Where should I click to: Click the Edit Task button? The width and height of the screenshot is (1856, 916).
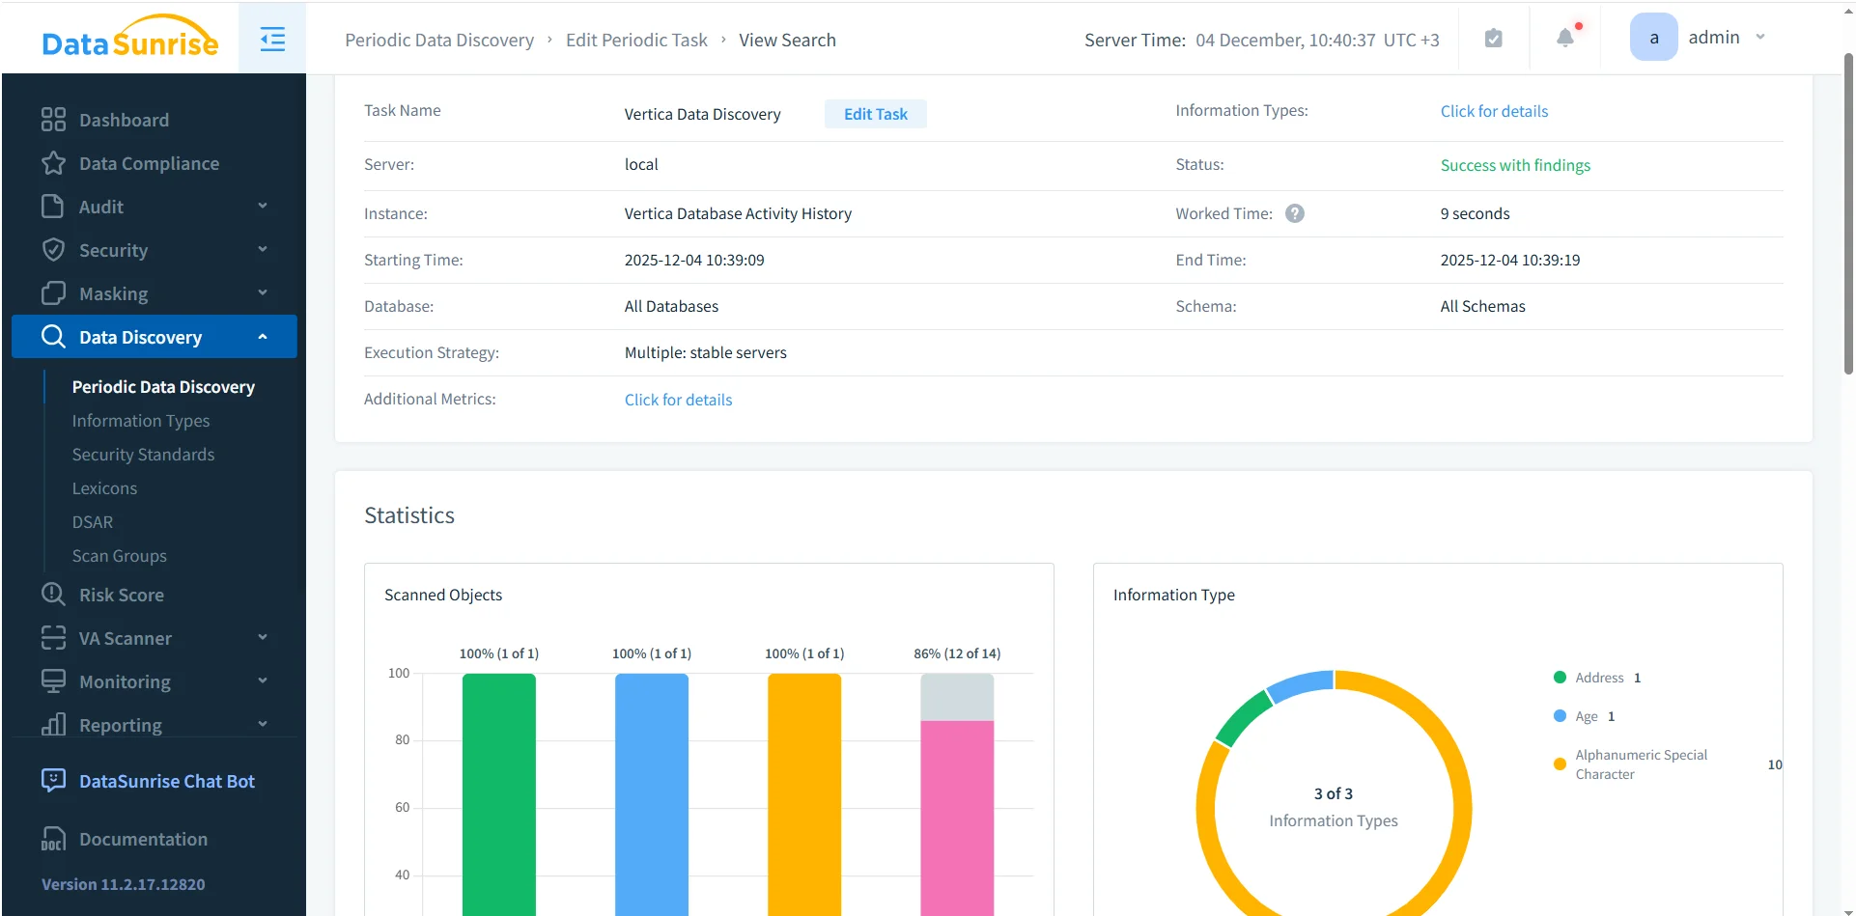click(875, 114)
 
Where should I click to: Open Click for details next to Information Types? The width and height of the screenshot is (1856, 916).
click(1494, 111)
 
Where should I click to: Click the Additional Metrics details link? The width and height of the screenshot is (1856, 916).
click(678, 400)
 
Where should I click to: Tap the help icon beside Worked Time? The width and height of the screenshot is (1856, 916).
click(1295, 213)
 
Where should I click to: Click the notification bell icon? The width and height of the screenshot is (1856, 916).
click(1565, 38)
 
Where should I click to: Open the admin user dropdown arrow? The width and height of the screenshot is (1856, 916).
click(1760, 38)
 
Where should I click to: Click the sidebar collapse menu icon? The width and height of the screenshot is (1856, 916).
click(272, 40)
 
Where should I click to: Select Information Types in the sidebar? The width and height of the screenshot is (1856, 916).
click(141, 421)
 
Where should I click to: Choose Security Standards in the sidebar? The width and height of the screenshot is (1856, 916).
click(143, 455)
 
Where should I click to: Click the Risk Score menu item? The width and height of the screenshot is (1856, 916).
click(122, 595)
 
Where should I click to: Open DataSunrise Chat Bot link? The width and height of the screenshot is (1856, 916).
click(166, 781)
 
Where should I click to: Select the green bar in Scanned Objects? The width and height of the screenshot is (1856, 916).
click(498, 791)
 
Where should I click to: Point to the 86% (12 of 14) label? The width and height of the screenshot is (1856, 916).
click(957, 653)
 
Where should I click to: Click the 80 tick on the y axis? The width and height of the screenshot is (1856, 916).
click(402, 740)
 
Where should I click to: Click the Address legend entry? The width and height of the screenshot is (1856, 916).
click(1599, 678)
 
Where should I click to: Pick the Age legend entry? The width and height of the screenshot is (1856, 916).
click(1586, 716)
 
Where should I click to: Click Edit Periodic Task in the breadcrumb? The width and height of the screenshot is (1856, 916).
click(636, 40)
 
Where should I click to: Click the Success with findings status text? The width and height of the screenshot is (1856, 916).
click(1515, 165)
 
